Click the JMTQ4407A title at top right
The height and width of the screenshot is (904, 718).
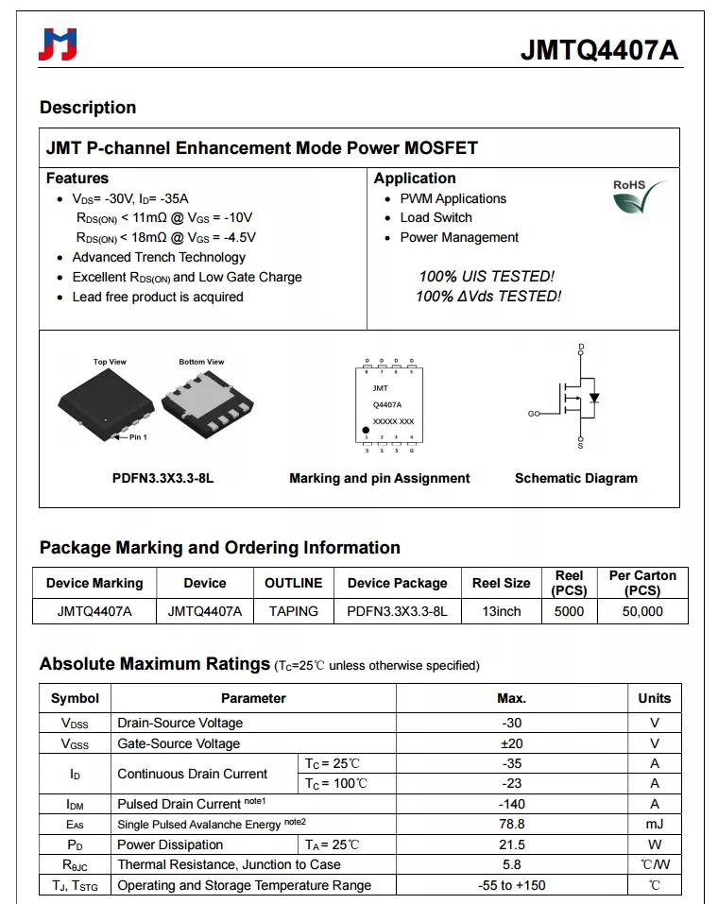tap(599, 50)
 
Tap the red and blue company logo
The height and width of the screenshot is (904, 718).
tap(58, 44)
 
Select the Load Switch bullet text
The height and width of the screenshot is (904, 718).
tap(436, 217)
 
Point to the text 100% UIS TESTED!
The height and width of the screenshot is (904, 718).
tap(487, 277)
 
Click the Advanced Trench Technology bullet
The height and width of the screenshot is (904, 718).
tap(159, 257)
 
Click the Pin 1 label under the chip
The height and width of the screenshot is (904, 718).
tap(137, 437)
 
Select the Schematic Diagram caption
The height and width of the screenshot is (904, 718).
tap(575, 478)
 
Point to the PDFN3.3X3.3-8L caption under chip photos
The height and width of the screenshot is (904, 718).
tap(162, 478)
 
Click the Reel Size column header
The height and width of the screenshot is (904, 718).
tap(501, 583)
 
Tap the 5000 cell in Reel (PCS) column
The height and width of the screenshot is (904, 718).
tap(569, 611)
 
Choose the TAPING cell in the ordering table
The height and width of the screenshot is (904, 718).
tap(293, 611)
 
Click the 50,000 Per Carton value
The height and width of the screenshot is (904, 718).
tap(642, 611)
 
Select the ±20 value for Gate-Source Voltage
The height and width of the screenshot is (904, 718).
tap(511, 743)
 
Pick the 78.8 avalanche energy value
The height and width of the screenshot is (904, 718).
tap(511, 824)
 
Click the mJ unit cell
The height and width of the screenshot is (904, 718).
tap(654, 824)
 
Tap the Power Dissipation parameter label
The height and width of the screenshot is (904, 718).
tap(170, 844)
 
